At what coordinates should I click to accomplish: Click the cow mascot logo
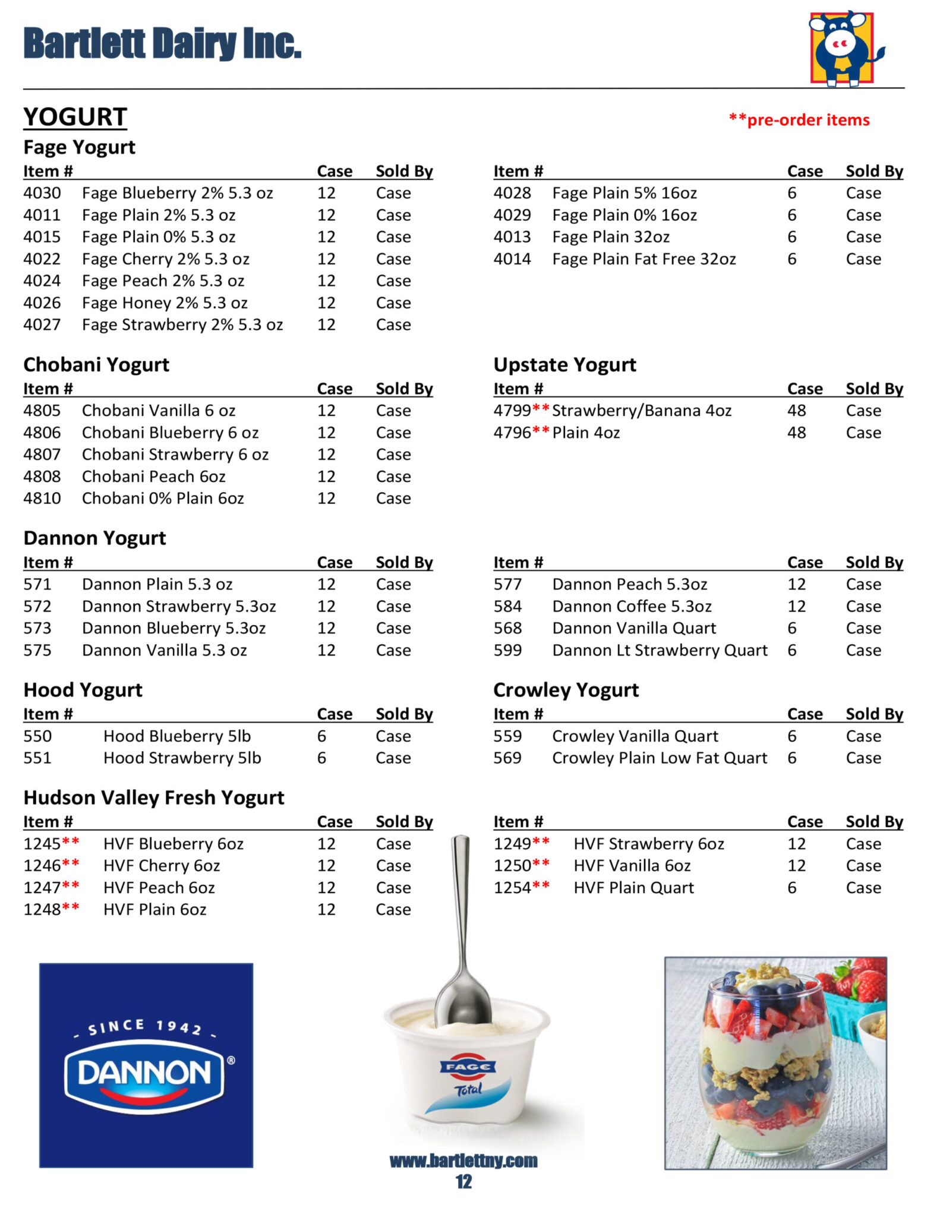[x=843, y=48]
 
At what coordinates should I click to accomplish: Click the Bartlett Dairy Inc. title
[x=162, y=43]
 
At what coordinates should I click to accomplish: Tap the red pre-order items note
[x=799, y=119]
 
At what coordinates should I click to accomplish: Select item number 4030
[x=42, y=193]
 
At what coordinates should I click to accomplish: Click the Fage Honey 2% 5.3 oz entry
[x=165, y=303]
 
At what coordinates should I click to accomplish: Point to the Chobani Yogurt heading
[x=96, y=364]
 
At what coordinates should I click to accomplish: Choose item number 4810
[x=42, y=498]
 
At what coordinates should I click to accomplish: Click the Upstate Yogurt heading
[x=564, y=364]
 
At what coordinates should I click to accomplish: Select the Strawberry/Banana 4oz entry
[x=642, y=411]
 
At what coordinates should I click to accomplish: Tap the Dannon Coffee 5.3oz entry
[x=632, y=606]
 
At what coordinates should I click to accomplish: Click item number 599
[x=507, y=650]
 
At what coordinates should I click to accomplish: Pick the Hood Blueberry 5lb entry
[x=177, y=736]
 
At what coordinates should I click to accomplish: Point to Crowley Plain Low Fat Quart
[x=660, y=758]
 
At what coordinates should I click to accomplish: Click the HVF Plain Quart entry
[x=633, y=888]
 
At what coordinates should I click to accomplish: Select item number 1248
[x=42, y=910]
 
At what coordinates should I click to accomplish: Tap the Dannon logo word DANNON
[x=144, y=1073]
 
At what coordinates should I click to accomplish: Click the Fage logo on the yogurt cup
[x=468, y=1067]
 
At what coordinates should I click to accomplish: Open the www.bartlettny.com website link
[x=463, y=1161]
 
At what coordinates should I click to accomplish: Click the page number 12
[x=463, y=1182]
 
